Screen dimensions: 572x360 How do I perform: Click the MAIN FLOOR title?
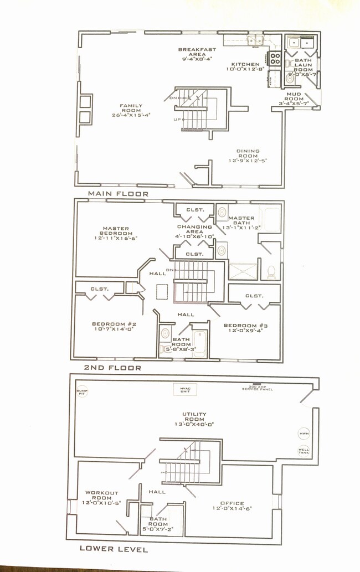pyautogui.click(x=118, y=194)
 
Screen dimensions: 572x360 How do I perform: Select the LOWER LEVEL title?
pyautogui.click(x=114, y=549)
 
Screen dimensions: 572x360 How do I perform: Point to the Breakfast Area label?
pyautogui.click(x=197, y=54)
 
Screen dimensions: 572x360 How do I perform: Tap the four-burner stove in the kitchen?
pyautogui.click(x=275, y=59)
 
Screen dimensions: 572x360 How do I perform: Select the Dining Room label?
pyautogui.click(x=248, y=155)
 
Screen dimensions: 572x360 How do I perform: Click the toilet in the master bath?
pyautogui.click(x=272, y=272)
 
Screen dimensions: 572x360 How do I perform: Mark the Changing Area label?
pyautogui.click(x=194, y=231)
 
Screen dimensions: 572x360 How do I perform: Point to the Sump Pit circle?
pyautogui.click(x=82, y=391)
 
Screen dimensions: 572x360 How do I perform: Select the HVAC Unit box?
pyautogui.click(x=185, y=390)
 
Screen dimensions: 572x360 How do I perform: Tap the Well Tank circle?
pyautogui.click(x=304, y=451)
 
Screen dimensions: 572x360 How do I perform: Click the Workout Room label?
pyautogui.click(x=101, y=497)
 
